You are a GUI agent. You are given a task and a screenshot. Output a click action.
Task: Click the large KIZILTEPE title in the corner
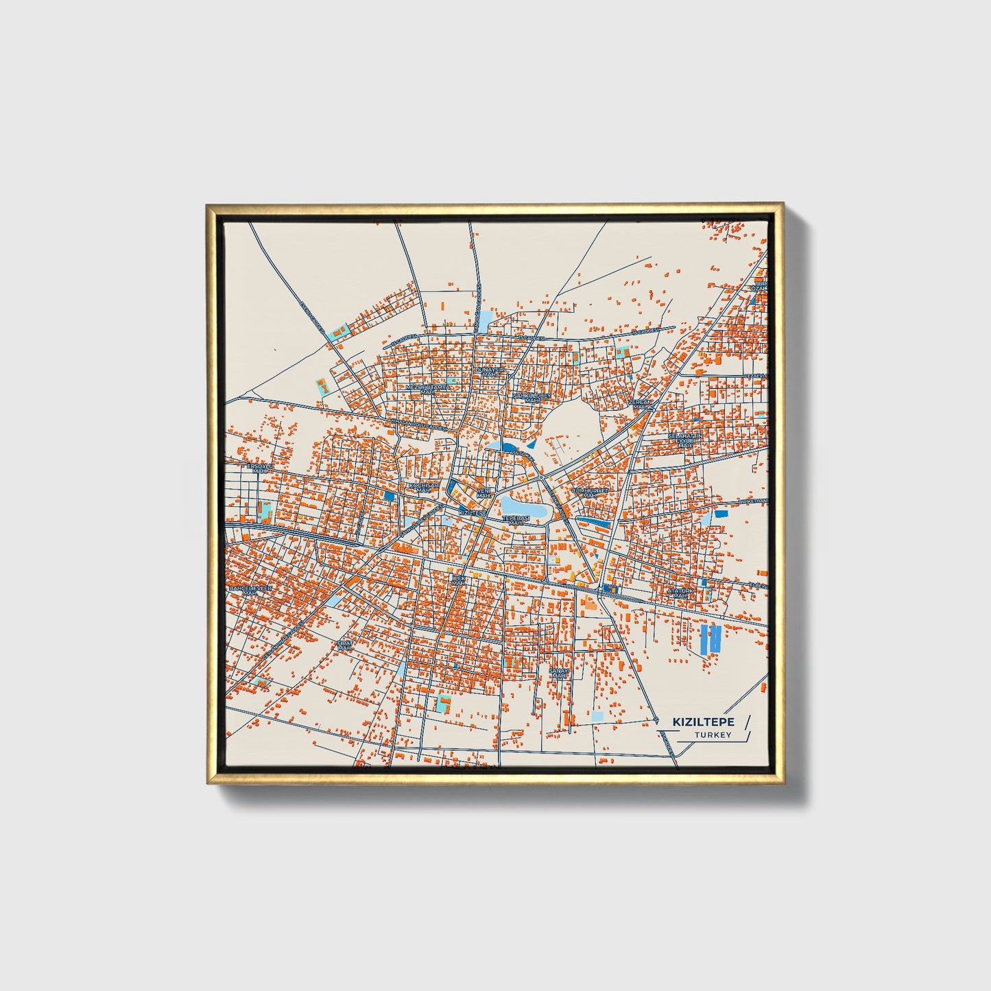pos(704,721)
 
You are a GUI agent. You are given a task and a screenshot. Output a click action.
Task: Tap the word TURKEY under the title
pos(713,735)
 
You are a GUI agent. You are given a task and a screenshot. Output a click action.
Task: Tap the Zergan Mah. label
pos(641,404)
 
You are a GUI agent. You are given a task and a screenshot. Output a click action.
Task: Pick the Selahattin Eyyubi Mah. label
pos(686,440)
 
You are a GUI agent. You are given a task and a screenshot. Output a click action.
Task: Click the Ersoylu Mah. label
pos(260,468)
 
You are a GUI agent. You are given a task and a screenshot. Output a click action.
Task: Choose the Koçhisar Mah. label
pos(423,488)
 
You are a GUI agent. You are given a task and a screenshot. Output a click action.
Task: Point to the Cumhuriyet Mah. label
pos(590,493)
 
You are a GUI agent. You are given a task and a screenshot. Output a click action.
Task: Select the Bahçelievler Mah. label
pos(250,590)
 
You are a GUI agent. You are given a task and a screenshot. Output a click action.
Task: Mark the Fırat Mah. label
pos(344,645)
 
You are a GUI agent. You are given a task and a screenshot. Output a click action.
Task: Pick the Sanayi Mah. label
pos(560,673)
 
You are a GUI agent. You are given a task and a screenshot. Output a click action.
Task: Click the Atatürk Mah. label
pos(681,593)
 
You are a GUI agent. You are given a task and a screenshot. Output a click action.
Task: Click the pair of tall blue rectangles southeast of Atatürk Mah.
pos(711,638)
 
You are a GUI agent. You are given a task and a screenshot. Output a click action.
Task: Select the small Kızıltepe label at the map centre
pos(473,512)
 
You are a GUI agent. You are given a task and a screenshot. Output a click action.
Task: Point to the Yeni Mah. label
pos(484,493)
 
